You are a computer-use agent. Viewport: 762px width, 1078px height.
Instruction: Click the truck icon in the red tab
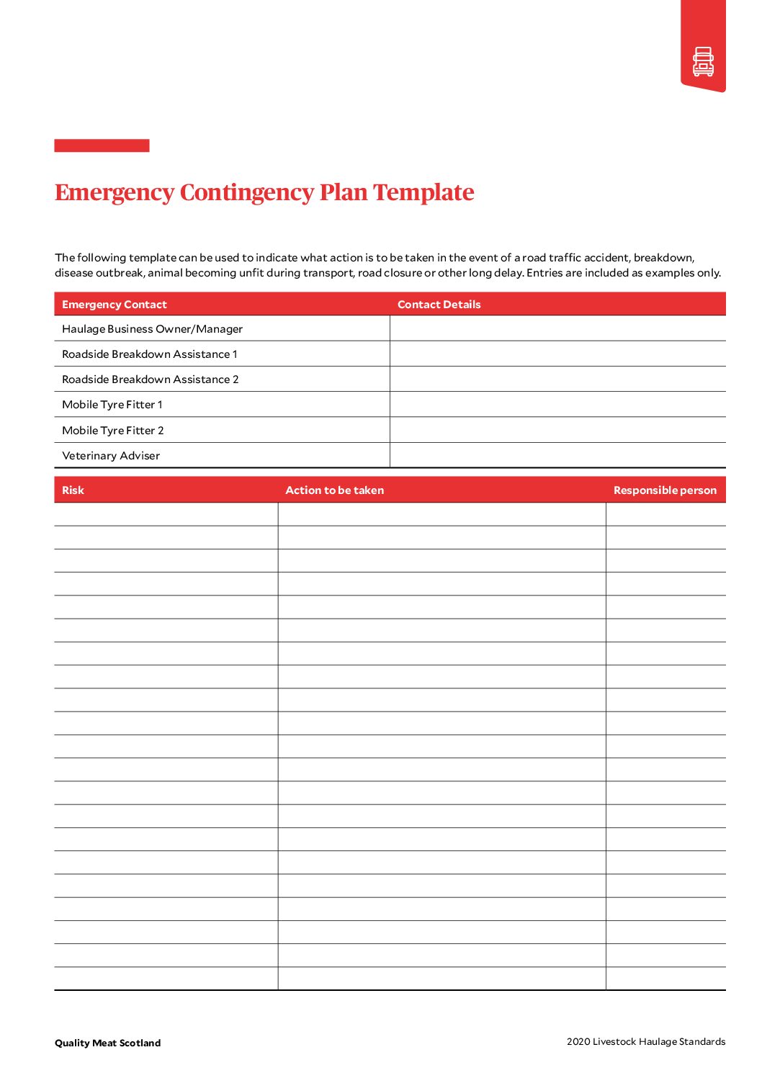pyautogui.click(x=703, y=62)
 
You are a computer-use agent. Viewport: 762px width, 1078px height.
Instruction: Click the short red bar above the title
pyautogui.click(x=102, y=145)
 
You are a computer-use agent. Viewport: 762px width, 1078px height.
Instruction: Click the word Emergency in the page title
pyautogui.click(x=115, y=192)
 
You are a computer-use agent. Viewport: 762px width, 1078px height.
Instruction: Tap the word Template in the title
pyautogui.click(x=423, y=192)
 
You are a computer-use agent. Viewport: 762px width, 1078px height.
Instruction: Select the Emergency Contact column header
pyautogui.click(x=115, y=305)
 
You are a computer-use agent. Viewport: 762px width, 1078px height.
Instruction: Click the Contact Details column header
pyautogui.click(x=439, y=305)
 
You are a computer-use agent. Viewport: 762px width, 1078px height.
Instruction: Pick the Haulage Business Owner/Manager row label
pyautogui.click(x=152, y=329)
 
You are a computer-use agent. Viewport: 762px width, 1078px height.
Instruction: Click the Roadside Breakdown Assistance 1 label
pyautogui.click(x=149, y=354)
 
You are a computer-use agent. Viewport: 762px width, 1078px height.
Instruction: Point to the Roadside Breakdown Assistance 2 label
pyautogui.click(x=150, y=379)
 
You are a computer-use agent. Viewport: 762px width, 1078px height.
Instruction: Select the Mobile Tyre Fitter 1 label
pyautogui.click(x=112, y=405)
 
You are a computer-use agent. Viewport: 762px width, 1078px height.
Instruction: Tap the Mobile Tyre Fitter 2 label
pyautogui.click(x=113, y=431)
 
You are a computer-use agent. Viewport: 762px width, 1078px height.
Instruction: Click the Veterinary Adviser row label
pyautogui.click(x=111, y=456)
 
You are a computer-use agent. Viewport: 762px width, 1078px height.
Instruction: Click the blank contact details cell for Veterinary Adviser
pyautogui.click(x=557, y=456)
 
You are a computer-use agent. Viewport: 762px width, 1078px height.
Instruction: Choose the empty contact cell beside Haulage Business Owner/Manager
pyautogui.click(x=557, y=329)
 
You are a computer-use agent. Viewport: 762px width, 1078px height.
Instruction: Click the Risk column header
pyautogui.click(x=73, y=490)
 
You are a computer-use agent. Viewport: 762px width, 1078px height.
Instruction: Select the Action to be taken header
pyautogui.click(x=334, y=490)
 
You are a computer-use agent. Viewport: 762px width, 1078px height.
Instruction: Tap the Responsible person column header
pyautogui.click(x=665, y=490)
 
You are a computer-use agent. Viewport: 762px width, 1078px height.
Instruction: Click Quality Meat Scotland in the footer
pyautogui.click(x=107, y=1043)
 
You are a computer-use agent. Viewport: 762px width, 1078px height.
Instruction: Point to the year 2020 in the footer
pyautogui.click(x=578, y=1041)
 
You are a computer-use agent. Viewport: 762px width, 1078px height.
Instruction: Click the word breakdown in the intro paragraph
pyautogui.click(x=663, y=258)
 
